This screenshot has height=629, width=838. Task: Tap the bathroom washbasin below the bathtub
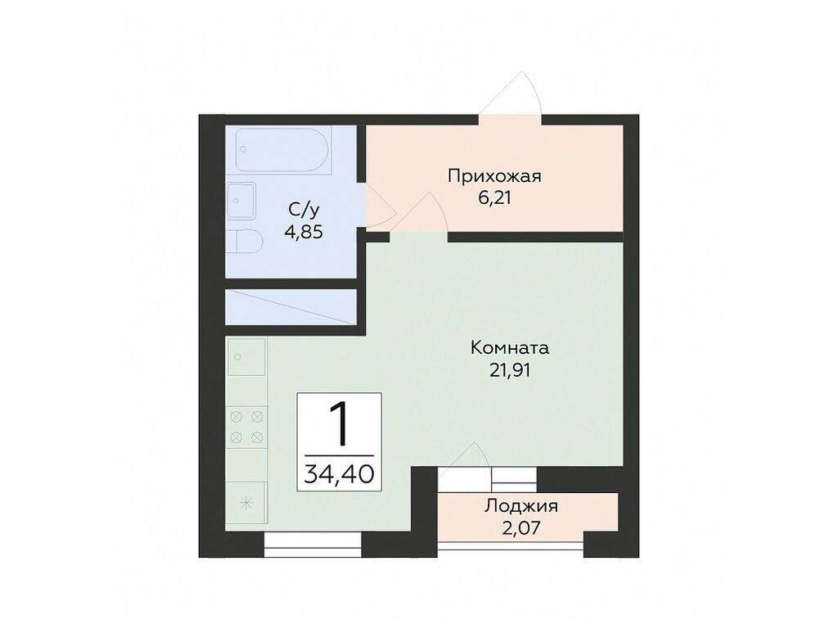[241, 201]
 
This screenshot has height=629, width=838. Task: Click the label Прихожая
[494, 176]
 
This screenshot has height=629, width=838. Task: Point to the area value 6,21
[494, 198]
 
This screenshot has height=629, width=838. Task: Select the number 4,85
[304, 232]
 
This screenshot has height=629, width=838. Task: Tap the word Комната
[509, 348]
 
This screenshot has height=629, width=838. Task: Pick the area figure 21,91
[509, 370]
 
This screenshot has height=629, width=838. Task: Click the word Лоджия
[521, 506]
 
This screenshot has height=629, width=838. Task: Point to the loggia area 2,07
[521, 528]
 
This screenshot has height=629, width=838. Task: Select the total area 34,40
[339, 474]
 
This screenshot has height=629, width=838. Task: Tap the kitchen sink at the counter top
[246, 357]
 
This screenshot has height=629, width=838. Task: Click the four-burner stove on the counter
[246, 427]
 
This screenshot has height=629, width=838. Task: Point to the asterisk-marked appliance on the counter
[246, 503]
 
